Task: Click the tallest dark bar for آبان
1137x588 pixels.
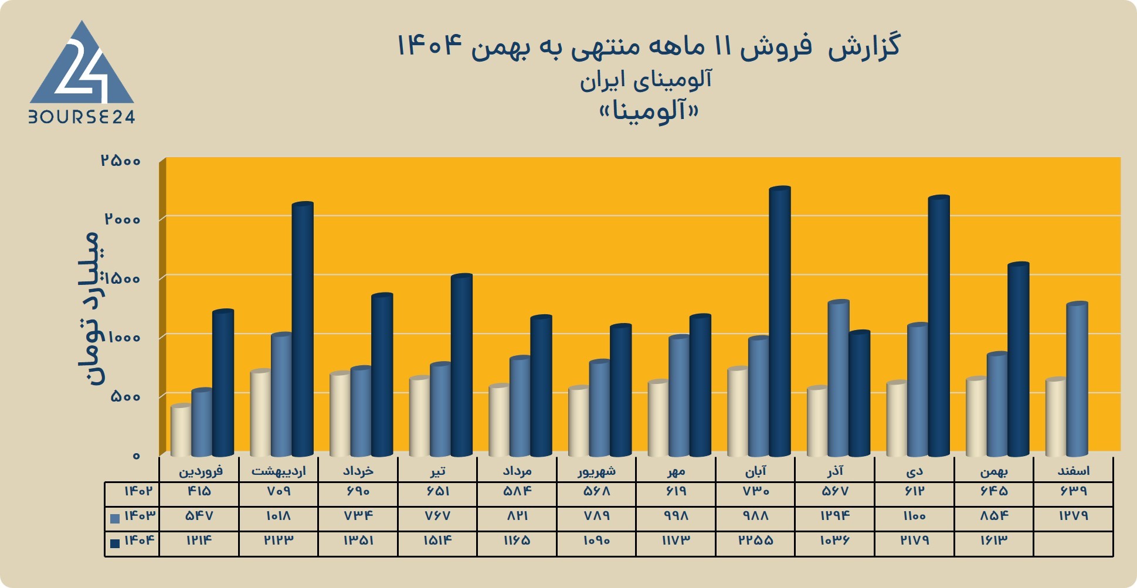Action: [780, 321]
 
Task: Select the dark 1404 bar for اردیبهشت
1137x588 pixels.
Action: [303, 329]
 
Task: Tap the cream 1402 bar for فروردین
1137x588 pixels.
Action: [181, 430]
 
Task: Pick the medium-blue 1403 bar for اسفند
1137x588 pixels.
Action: [1077, 379]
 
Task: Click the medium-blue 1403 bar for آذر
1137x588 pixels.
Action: [839, 378]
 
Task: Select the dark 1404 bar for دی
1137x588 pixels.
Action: [939, 326]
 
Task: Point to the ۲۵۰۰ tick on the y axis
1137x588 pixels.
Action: [121, 160]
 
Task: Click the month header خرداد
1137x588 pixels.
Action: [358, 471]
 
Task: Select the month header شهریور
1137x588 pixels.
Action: [597, 471]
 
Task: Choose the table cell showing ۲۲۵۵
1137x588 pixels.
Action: [756, 541]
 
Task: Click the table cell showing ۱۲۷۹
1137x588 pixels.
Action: [1074, 516]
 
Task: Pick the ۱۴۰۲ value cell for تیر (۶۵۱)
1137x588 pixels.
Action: [437, 491]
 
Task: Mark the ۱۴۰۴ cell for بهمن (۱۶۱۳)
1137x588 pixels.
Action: [994, 541]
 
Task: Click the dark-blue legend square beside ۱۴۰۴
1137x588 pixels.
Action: [115, 543]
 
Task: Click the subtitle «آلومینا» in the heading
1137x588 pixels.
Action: [649, 111]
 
